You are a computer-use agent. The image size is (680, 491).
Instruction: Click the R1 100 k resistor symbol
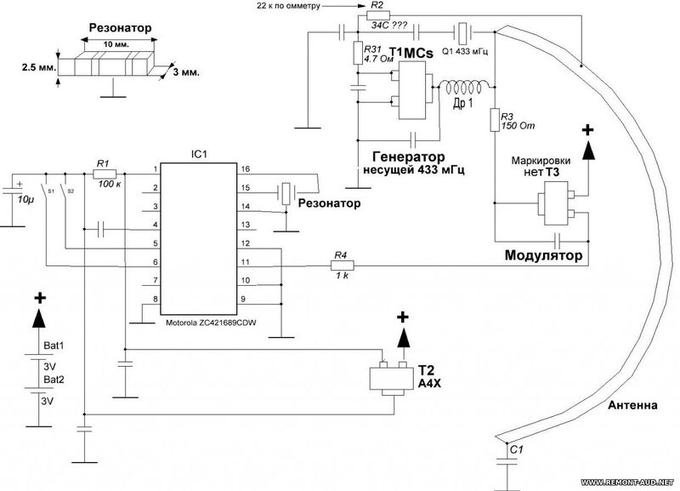pos(105,174)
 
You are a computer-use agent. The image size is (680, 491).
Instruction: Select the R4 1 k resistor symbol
pos(343,265)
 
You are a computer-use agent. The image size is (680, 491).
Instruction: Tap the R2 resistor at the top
pos(378,15)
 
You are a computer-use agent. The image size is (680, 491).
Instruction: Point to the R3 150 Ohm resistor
pos(495,120)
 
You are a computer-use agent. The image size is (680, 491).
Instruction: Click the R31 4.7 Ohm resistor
pos(358,53)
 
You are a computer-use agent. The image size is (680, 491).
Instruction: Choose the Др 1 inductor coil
pos(465,88)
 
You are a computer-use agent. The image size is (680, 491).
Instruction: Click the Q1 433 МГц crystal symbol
pos(463,31)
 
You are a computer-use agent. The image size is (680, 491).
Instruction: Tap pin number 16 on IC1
pos(246,168)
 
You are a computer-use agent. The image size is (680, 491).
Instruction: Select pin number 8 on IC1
pos(156,300)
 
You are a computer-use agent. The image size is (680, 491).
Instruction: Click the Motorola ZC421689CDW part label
pos(211,323)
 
